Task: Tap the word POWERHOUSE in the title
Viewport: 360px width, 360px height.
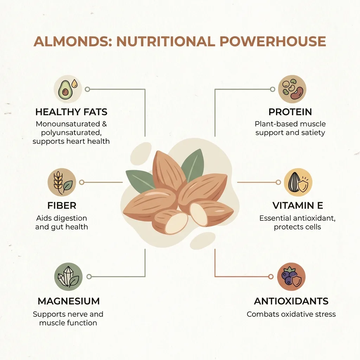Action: [x=273, y=41]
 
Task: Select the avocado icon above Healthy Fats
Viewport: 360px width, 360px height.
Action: [x=68, y=89]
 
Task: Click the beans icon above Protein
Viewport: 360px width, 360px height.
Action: [x=292, y=89]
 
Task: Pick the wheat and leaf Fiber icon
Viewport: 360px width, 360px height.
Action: [x=62, y=182]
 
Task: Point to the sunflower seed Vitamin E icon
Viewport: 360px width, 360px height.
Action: [x=298, y=182]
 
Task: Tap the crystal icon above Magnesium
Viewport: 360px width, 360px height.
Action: [x=69, y=277]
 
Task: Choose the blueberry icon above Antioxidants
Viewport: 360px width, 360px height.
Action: [x=291, y=277]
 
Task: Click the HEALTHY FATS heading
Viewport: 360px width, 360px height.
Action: [x=71, y=112]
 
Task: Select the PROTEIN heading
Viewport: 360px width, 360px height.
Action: [x=290, y=112]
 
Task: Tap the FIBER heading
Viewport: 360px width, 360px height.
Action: [x=62, y=205]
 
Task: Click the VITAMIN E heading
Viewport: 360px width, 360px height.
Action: [x=298, y=205]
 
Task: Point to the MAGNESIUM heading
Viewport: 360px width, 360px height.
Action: [x=69, y=301]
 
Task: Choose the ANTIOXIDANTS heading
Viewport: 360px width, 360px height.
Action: [x=291, y=301]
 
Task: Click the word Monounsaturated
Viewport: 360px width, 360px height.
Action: [x=68, y=124]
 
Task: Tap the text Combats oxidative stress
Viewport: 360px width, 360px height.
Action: [x=291, y=314]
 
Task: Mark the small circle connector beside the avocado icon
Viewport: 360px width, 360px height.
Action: [x=88, y=89]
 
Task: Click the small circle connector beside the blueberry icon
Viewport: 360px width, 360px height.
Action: [x=271, y=277]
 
